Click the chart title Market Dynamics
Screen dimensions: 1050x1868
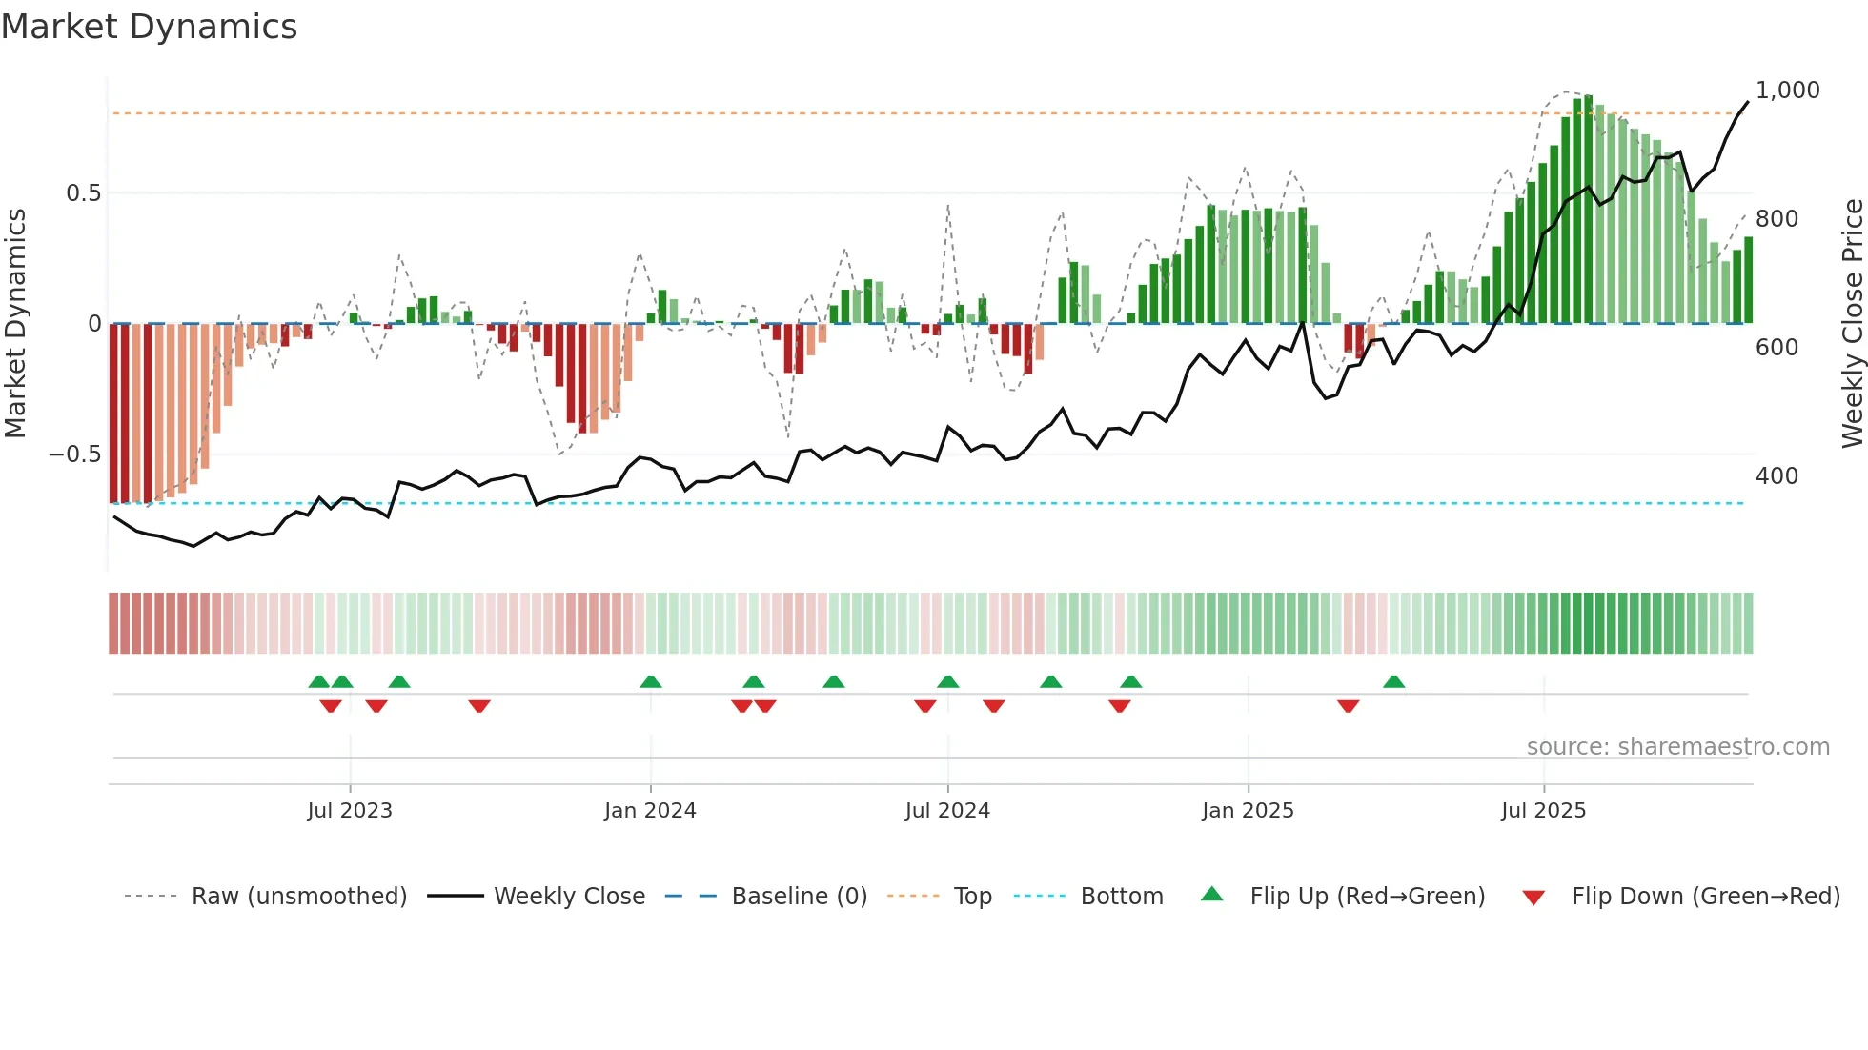click(x=149, y=27)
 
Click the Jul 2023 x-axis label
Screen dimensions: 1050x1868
click(x=350, y=811)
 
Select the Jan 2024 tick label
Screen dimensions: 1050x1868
click(x=650, y=811)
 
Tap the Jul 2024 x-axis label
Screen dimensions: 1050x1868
click(x=947, y=811)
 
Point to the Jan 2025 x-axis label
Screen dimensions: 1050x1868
click(x=1248, y=811)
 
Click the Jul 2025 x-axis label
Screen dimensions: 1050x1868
click(x=1543, y=811)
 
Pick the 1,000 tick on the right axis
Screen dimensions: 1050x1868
click(x=1787, y=91)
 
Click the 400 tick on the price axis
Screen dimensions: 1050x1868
click(x=1777, y=476)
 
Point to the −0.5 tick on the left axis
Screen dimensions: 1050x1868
click(x=74, y=454)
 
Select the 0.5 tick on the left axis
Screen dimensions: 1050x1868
click(x=83, y=193)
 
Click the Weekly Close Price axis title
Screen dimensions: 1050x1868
click(x=1852, y=323)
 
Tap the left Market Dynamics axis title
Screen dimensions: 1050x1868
click(x=15, y=323)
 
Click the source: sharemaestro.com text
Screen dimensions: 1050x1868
click(x=1677, y=747)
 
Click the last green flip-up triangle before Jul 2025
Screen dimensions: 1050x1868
click(x=1393, y=682)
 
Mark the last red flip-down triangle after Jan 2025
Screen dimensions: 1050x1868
click(x=1348, y=706)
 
